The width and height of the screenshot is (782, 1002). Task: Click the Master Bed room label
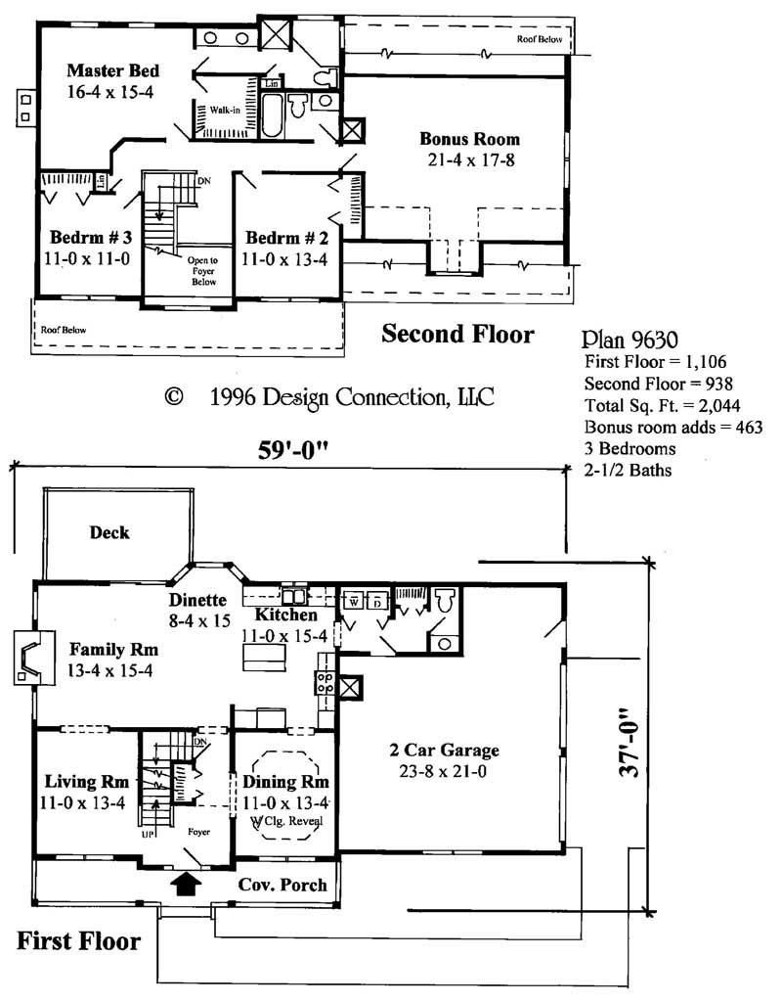[x=112, y=70]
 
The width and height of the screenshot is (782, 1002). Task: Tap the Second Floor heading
[x=457, y=335]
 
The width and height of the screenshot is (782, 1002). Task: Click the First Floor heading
[x=78, y=941]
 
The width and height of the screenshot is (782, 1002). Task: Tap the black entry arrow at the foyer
[x=185, y=884]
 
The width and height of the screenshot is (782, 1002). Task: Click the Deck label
[x=109, y=532]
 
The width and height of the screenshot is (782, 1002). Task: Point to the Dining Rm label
[x=285, y=783]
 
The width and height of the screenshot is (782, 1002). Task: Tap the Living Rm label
[x=87, y=782]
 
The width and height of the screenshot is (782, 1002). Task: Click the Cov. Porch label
[x=283, y=885]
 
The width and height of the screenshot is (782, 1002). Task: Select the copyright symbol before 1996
[x=174, y=397]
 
